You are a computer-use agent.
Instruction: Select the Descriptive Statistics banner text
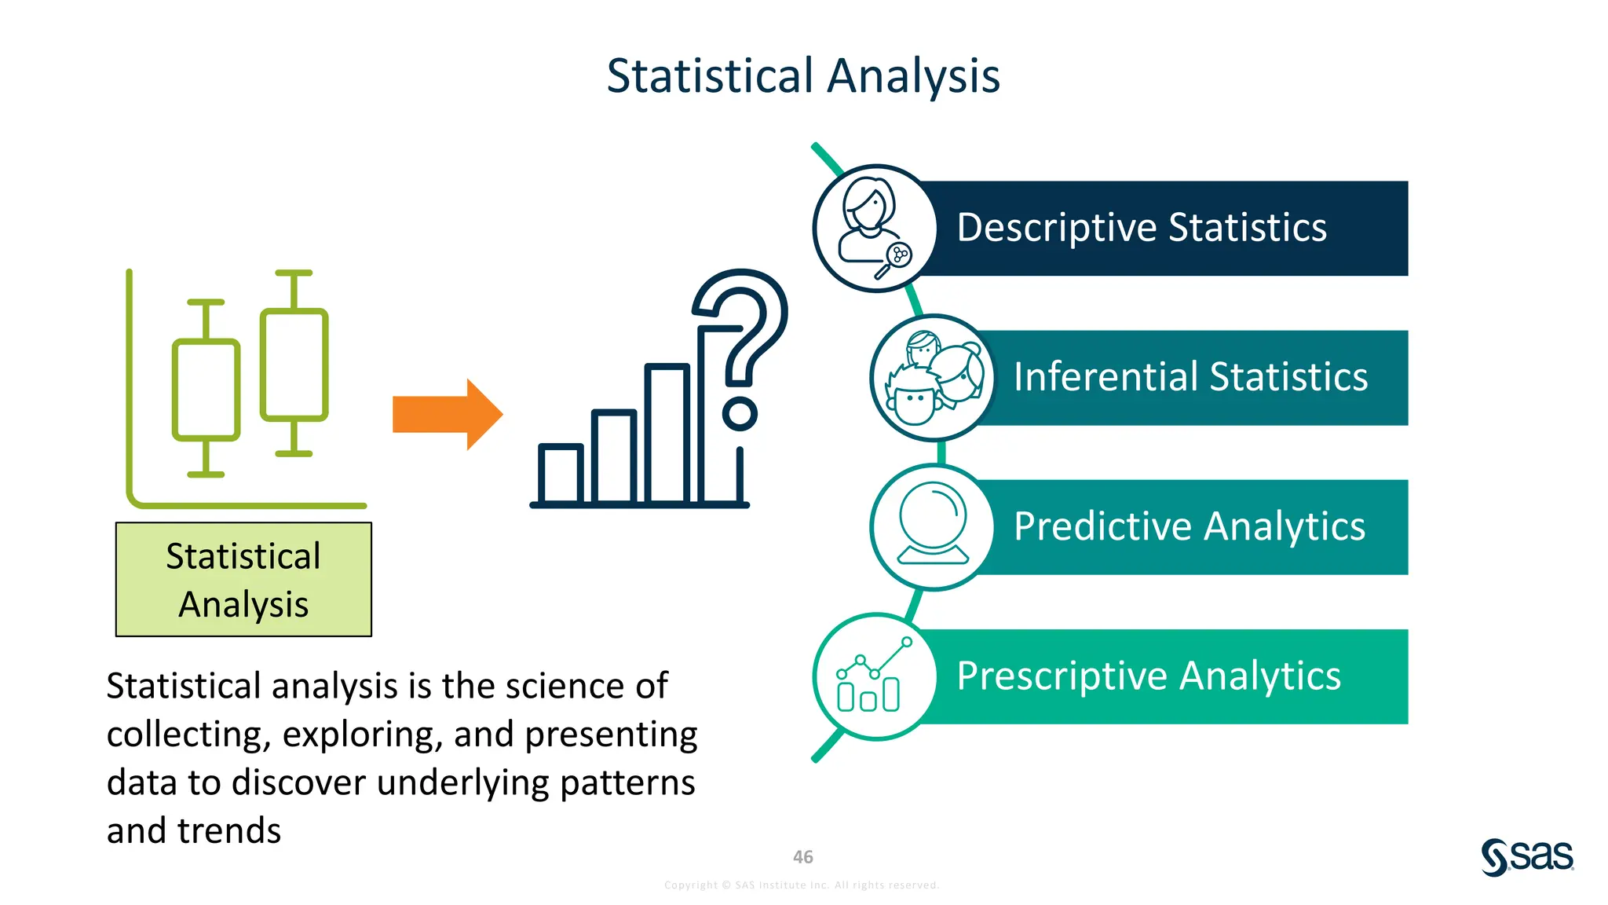[x=1141, y=228]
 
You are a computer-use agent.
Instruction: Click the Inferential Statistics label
[x=1190, y=377]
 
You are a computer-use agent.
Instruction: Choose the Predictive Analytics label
[x=1189, y=526]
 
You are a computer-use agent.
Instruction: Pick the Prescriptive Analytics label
[x=1148, y=676]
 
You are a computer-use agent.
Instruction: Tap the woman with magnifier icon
[x=873, y=228]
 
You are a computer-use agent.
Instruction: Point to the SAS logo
[x=1527, y=856]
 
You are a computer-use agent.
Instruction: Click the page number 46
[x=802, y=857]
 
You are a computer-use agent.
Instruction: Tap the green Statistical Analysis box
[x=243, y=580]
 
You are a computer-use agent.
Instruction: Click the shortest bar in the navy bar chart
[x=560, y=474]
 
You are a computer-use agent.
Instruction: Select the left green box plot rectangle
[x=206, y=390]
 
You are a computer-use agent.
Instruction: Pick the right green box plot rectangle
[x=294, y=364]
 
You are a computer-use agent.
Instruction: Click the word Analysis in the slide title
[x=913, y=76]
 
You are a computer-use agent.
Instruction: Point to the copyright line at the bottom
[x=801, y=885]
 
